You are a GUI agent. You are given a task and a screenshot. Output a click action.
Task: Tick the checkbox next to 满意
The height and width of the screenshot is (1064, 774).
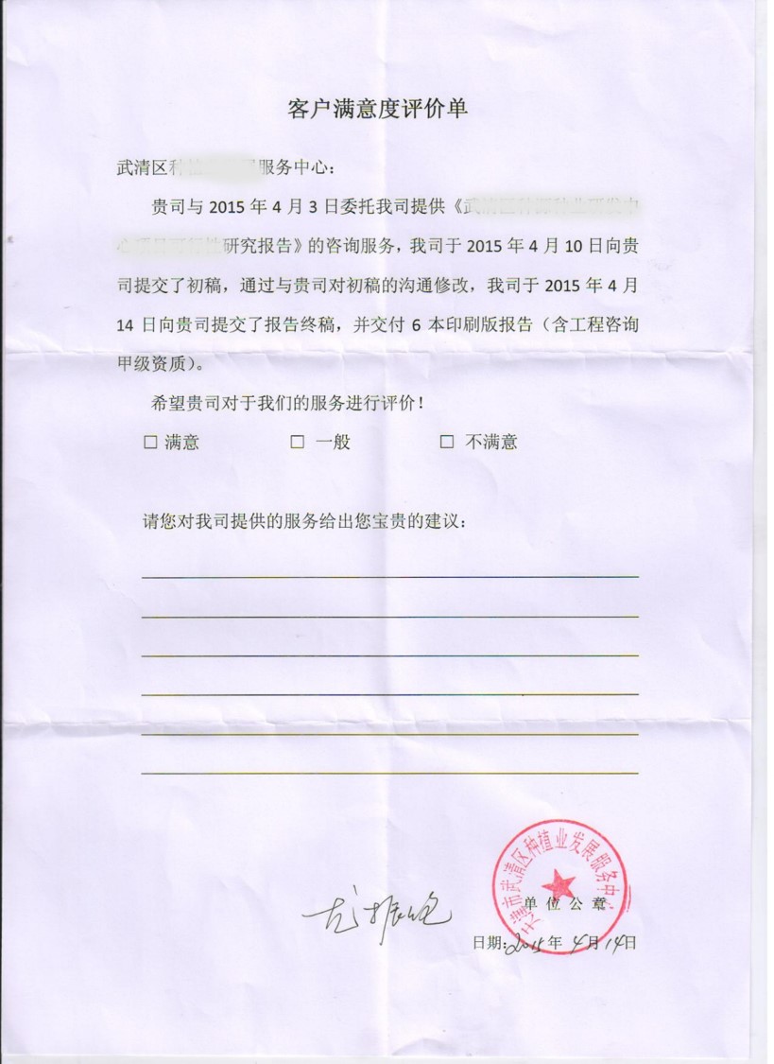[150, 442]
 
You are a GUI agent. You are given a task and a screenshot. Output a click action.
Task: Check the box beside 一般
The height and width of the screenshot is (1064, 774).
[297, 442]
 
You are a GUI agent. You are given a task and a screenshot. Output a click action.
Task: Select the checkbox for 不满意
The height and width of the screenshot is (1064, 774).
[447, 442]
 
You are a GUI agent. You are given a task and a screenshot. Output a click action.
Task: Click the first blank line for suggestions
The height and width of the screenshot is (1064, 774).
[389, 575]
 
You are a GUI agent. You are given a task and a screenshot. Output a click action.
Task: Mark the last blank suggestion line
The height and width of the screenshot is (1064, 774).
[389, 773]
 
